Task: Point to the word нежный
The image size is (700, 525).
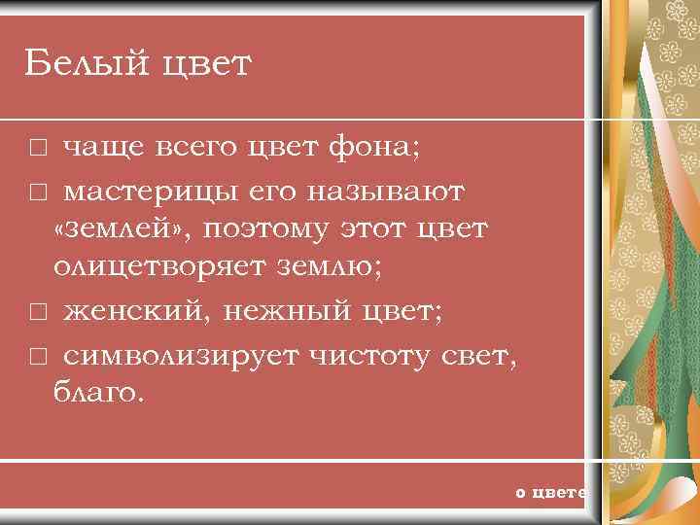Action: [273, 311]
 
